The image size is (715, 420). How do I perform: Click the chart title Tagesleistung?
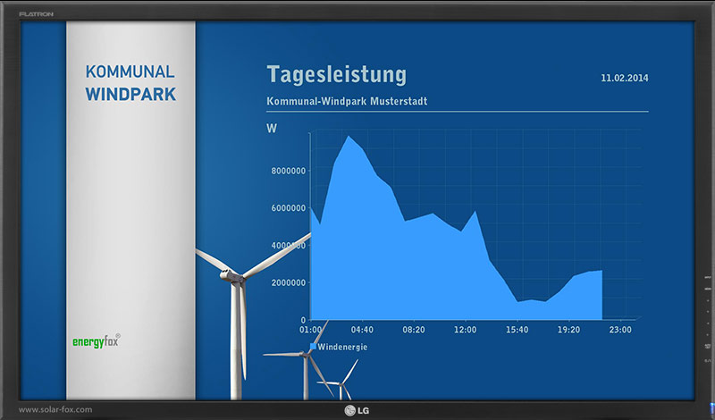coord(336,75)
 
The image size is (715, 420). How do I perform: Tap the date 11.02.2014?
coord(624,78)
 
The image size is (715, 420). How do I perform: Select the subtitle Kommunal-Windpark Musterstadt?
coord(347,101)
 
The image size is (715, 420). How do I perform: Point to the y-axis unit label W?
coord(272,129)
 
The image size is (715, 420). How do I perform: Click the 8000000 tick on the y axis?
coord(289,171)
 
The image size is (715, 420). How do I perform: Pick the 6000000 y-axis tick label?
coord(289,208)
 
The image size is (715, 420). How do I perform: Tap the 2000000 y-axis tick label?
coord(289,282)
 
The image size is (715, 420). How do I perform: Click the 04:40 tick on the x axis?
coord(362,330)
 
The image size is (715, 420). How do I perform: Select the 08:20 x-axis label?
coord(414,330)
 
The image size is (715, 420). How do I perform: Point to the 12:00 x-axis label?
coord(465,330)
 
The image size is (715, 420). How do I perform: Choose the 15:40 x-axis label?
coord(517,330)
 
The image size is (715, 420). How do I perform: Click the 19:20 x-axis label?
coord(568,330)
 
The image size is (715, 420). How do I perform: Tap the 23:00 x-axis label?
coord(620,330)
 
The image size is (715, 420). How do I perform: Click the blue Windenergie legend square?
coord(314,347)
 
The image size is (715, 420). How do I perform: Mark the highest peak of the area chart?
coord(349,137)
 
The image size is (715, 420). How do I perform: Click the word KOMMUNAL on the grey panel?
coord(130,72)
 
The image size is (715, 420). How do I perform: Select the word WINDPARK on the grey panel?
coord(130,95)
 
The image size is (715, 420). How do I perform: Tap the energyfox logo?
coord(97,341)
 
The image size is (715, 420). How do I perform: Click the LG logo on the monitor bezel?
coord(357,410)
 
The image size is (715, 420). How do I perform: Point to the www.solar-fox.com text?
coord(55,409)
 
